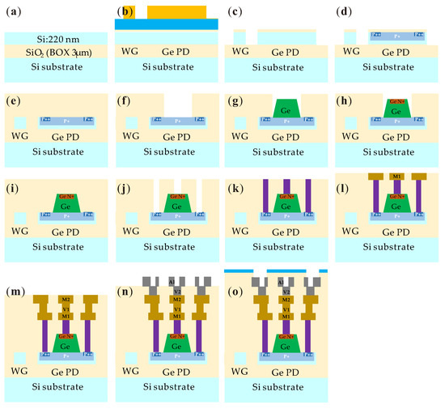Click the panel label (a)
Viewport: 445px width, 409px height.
[15, 11]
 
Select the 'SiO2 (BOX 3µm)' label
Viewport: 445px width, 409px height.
[53, 51]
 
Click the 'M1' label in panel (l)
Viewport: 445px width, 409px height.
[396, 176]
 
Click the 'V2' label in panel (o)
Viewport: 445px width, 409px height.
[286, 290]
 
